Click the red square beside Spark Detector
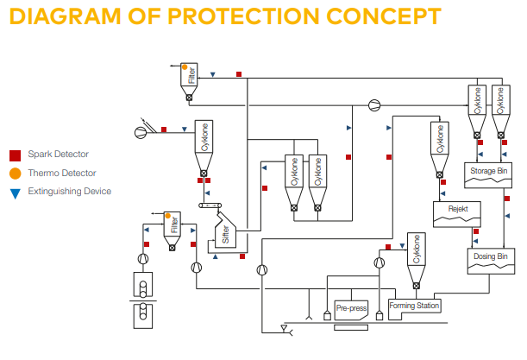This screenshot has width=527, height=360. (x=15, y=155)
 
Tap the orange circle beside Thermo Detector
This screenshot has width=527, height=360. (x=15, y=174)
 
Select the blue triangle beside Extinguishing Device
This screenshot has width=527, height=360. (x=15, y=192)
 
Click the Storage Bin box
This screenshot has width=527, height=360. (x=489, y=172)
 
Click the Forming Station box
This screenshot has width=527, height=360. (x=415, y=306)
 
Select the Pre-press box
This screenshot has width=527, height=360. (x=351, y=306)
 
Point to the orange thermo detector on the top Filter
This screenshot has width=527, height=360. (x=184, y=66)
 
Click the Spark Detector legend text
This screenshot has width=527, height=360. (x=58, y=155)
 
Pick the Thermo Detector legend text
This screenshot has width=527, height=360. (x=61, y=174)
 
